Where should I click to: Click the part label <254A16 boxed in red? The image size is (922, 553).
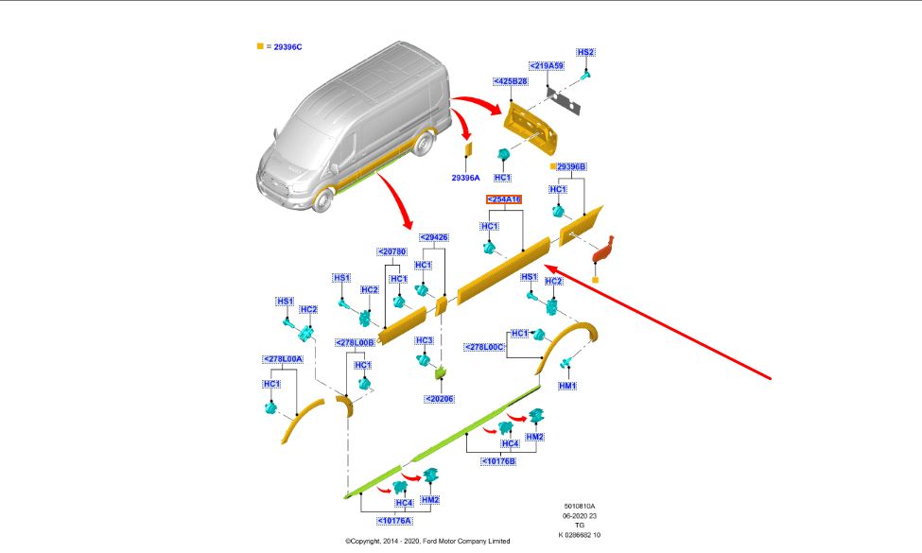504,199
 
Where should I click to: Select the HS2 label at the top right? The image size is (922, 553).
586,52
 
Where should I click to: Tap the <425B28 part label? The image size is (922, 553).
510,82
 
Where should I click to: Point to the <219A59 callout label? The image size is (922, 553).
546,65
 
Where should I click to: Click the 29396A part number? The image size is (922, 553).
465,177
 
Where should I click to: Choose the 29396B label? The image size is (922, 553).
570,166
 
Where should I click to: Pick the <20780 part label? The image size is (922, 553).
391,252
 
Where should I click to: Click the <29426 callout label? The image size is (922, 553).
434,237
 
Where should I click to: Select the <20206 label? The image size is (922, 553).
440,399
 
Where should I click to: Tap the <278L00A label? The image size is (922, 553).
282,359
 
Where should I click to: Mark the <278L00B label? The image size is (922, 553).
355,342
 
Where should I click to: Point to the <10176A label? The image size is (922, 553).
393,520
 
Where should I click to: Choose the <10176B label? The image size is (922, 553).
497,461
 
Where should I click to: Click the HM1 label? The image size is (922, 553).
567,386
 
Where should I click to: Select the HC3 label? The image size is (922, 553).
424,340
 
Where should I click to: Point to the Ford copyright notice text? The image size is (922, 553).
427,542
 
